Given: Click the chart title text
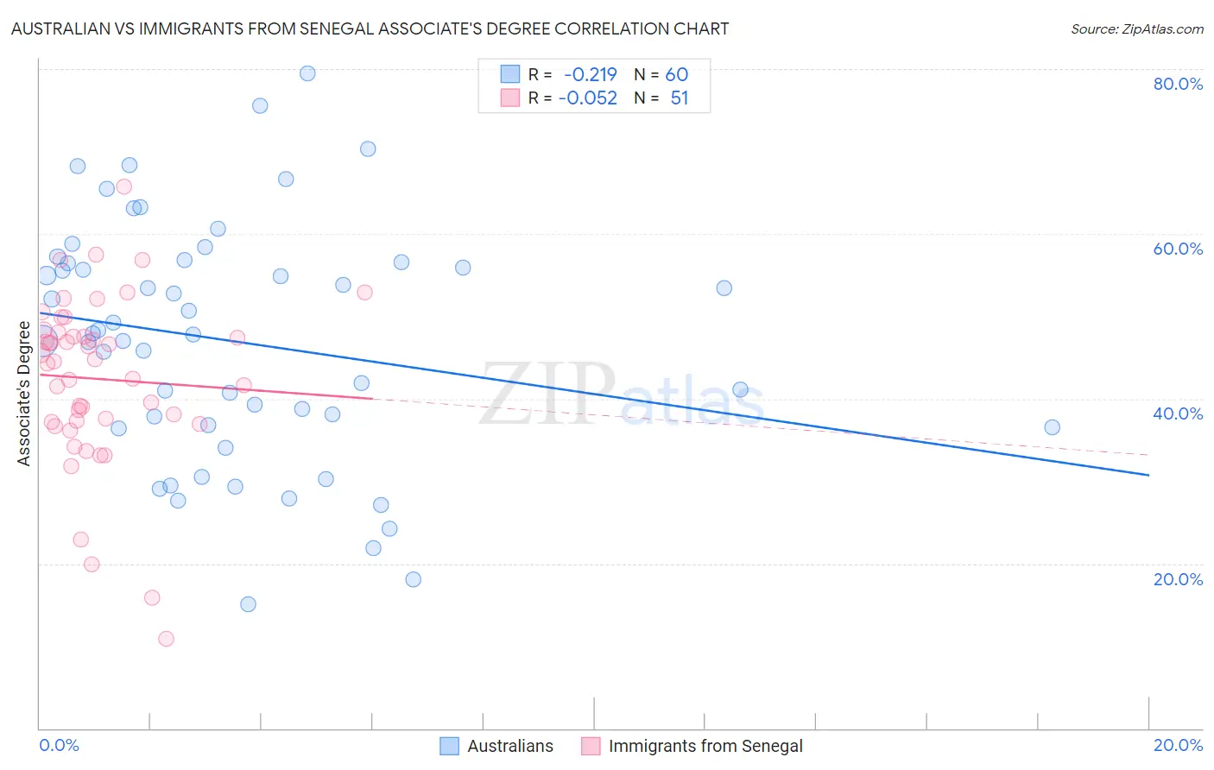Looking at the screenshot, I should [370, 28].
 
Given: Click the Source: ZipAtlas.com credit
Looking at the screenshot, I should [1136, 28].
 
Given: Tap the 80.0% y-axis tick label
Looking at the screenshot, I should [1178, 84].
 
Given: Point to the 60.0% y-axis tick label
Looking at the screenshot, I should [1178, 249].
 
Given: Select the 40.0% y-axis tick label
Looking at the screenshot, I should [1178, 413].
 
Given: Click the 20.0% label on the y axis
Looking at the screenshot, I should [1178, 579].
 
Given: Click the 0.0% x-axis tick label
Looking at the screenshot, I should [59, 745].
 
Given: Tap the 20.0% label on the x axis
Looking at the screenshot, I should [1178, 745].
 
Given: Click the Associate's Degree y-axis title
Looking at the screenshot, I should [24, 394].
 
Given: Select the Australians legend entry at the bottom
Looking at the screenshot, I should [509, 746].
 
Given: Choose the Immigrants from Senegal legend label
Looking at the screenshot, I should [705, 746].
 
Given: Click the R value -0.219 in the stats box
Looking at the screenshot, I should [590, 75].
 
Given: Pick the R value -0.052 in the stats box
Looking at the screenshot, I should [587, 98].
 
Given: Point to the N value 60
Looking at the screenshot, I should [676, 75].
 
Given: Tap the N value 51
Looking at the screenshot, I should [679, 98].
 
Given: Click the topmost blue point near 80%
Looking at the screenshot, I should [307, 73].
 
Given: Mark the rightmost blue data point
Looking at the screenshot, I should [1052, 427].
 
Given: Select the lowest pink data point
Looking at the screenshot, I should [166, 639].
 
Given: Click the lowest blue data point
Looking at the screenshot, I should [248, 604].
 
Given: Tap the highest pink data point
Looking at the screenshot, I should [123, 186].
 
